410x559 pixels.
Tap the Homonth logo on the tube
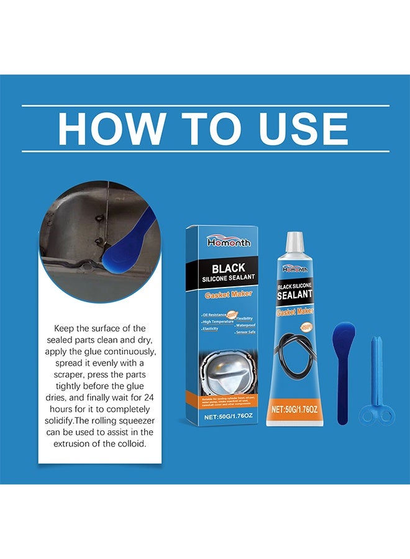pos(295,268)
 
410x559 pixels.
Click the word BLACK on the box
pos(228,269)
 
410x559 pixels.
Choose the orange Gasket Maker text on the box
pos(228,296)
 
